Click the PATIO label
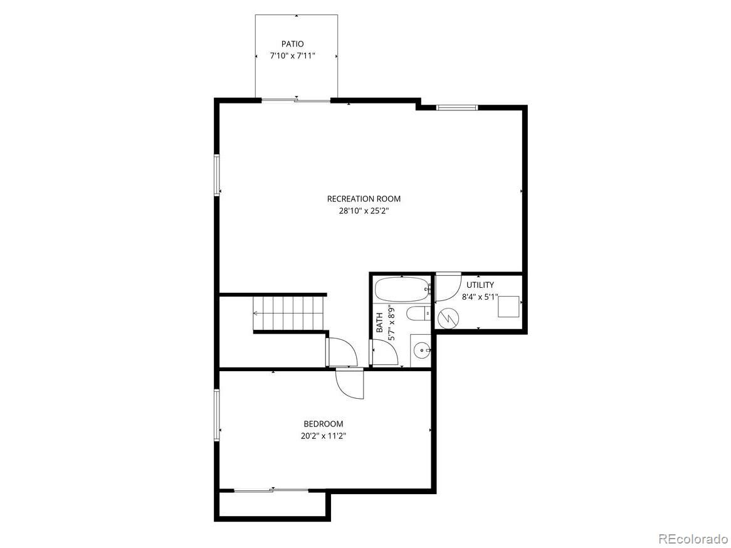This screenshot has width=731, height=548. [x=292, y=44]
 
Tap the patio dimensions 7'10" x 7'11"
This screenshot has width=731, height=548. [x=292, y=56]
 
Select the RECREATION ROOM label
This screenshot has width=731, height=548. [x=364, y=199]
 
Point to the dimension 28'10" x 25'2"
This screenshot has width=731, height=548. [x=364, y=211]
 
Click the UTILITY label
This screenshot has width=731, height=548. [x=480, y=285]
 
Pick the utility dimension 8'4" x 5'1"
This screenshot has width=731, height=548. [x=480, y=297]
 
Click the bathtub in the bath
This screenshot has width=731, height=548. [x=401, y=290]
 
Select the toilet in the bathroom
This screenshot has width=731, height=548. [x=418, y=313]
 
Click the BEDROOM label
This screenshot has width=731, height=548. [x=323, y=424]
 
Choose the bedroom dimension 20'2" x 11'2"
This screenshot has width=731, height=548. [x=323, y=436]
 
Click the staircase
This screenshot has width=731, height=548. [x=288, y=314]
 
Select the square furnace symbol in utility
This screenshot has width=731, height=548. [x=508, y=307]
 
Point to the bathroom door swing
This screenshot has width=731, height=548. [x=384, y=352]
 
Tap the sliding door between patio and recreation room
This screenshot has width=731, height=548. [x=296, y=100]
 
